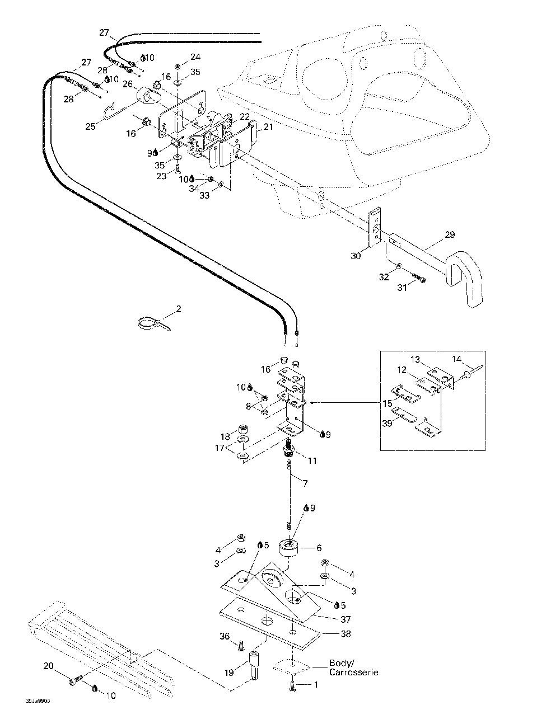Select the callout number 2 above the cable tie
[x=179, y=308]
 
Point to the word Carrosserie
[x=353, y=672]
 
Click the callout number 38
[x=346, y=633]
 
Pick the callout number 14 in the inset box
[x=457, y=359]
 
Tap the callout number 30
[x=356, y=256]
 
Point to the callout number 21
[x=268, y=127]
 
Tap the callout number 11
[x=312, y=460]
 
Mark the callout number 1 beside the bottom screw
[x=315, y=684]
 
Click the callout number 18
[x=225, y=436]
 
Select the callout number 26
[x=127, y=84]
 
